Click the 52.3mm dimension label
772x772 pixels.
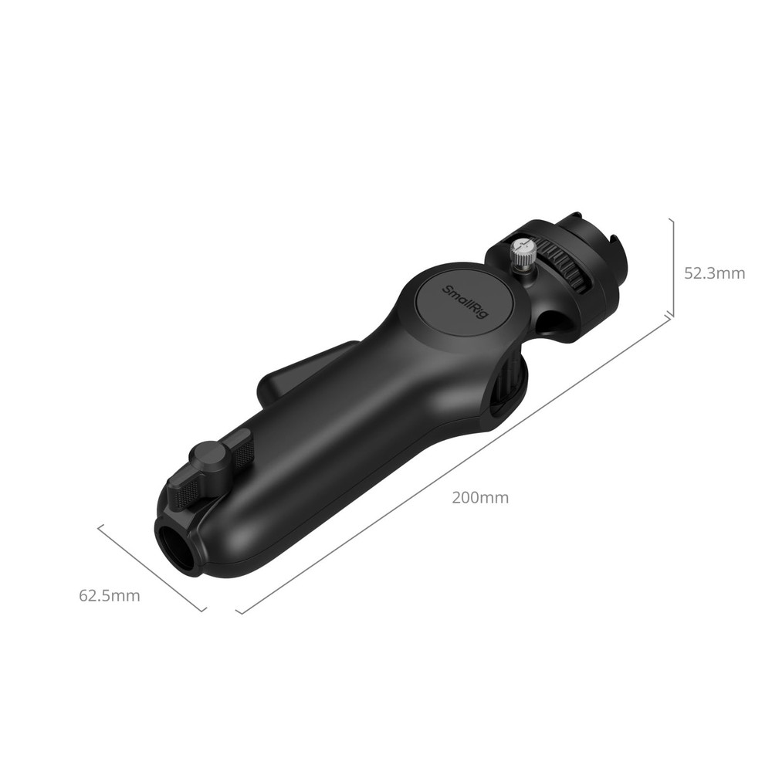[715, 273]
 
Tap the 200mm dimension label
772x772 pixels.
[480, 498]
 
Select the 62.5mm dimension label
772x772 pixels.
[110, 595]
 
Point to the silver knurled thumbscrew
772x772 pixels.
[522, 254]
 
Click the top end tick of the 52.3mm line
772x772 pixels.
[672, 219]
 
